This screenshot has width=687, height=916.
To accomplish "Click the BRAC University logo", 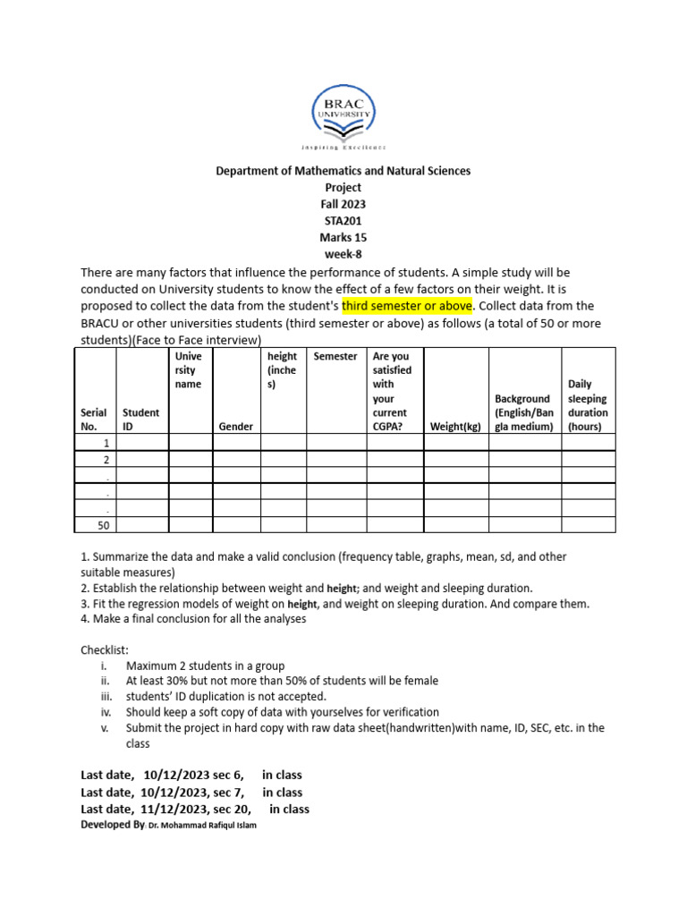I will (343, 116).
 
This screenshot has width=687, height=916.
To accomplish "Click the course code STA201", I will (343, 221).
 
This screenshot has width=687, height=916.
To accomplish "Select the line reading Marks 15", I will (343, 238).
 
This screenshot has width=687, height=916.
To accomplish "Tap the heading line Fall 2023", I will (343, 204).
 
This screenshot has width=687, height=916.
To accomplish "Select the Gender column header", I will (235, 427).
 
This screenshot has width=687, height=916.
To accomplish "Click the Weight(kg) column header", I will (455, 427).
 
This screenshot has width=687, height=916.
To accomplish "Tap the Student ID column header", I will (140, 420).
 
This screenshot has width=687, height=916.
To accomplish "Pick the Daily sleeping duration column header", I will (587, 405).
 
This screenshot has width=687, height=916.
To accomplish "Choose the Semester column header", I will (335, 356).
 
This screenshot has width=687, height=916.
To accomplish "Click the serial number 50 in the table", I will (104, 526).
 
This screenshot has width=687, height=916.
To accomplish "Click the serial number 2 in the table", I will (106, 459).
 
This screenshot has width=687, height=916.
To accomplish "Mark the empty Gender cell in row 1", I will (235, 443).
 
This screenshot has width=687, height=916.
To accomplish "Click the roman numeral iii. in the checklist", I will (106, 696).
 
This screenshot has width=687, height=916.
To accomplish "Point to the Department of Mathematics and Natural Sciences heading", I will (343, 170).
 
